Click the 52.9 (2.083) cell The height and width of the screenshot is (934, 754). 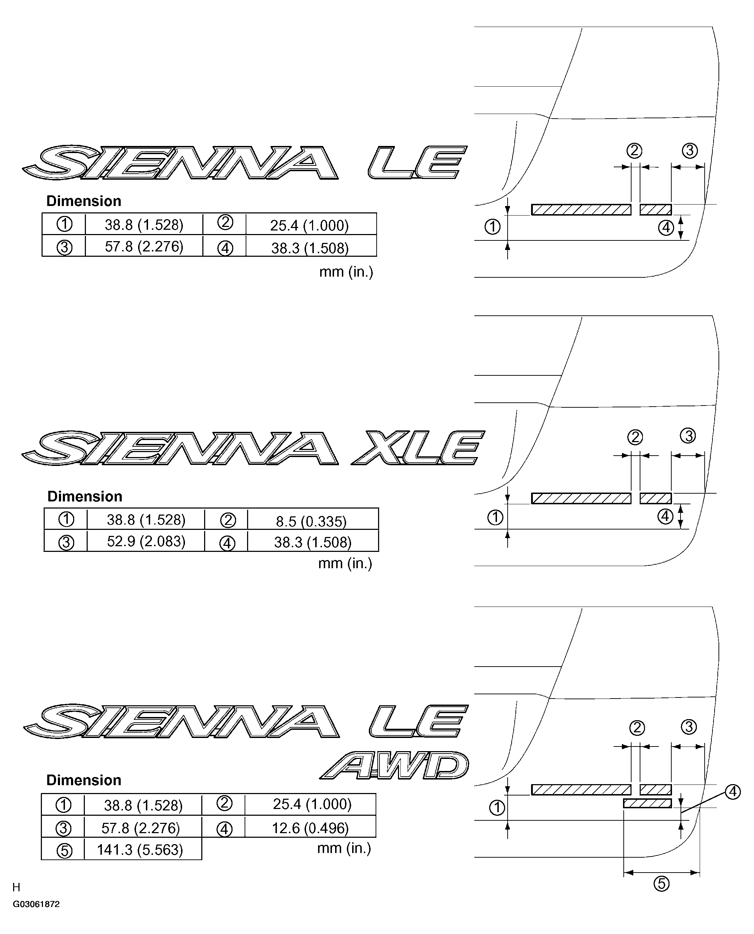(x=146, y=541)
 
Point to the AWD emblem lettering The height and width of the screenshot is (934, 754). (x=394, y=765)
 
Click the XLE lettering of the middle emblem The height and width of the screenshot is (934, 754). (x=418, y=447)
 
